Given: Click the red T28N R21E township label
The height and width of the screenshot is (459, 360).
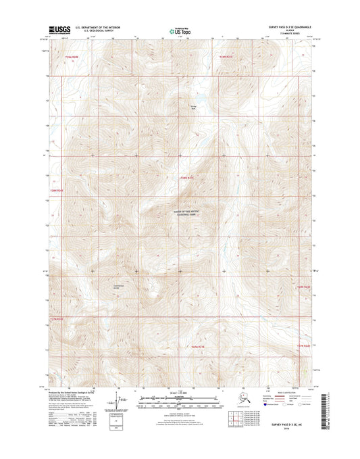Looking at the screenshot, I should click(x=188, y=177).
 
